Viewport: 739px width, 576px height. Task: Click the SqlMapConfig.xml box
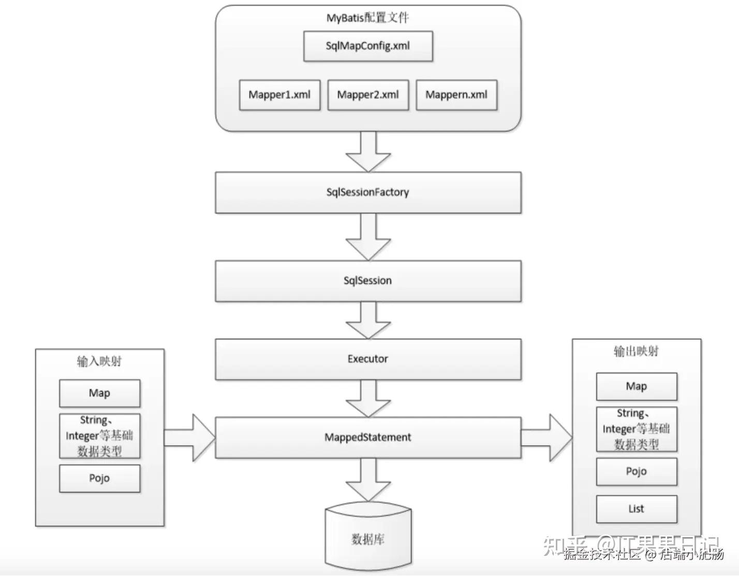click(368, 46)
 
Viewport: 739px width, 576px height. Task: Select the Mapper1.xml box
click(279, 95)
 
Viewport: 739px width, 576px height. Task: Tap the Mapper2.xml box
click(368, 95)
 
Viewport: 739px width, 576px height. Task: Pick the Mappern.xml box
click(456, 95)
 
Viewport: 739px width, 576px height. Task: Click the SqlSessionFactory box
click(368, 193)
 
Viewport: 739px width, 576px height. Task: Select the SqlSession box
click(368, 281)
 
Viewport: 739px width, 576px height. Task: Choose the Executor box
click(368, 359)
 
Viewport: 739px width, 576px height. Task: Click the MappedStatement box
click(368, 437)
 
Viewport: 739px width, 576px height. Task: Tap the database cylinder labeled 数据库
click(368, 538)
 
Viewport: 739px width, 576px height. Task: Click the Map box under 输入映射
click(99, 393)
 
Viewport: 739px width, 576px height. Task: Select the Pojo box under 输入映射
click(99, 478)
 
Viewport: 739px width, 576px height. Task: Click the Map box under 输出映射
click(637, 387)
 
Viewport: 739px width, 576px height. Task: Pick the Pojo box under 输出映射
click(637, 471)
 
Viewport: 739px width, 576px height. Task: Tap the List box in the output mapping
click(637, 509)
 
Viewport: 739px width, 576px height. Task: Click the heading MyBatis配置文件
click(367, 18)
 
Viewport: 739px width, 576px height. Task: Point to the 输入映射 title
click(99, 361)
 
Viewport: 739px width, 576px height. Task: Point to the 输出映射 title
click(636, 351)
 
